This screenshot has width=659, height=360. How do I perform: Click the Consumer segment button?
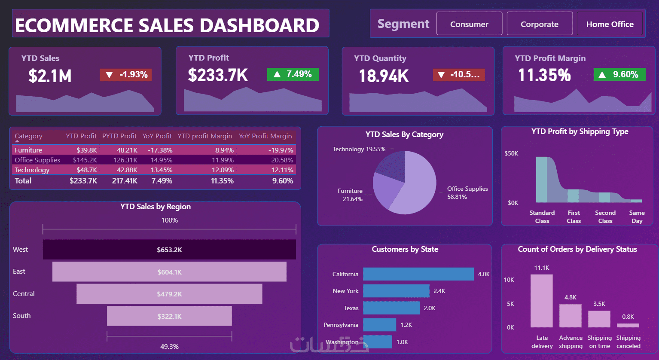(469, 24)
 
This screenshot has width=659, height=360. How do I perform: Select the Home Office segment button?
(610, 24)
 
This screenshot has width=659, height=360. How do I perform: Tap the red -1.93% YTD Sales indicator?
(126, 75)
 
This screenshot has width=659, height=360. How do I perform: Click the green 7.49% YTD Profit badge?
(293, 74)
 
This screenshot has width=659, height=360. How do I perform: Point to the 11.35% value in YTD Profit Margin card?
(545, 75)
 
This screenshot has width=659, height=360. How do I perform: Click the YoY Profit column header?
(157, 136)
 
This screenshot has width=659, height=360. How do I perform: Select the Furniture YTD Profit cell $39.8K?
(87, 150)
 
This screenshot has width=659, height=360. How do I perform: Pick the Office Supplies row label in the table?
(37, 160)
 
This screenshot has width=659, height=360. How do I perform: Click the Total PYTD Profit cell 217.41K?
(125, 180)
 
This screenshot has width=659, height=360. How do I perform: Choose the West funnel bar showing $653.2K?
(169, 250)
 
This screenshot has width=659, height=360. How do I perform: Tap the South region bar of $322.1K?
(169, 316)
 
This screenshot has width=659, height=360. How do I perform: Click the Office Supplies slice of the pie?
(418, 188)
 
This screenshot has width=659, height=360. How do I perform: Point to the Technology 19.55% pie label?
(359, 149)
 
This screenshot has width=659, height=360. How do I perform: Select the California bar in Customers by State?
(418, 274)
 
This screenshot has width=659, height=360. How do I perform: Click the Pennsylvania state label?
(341, 325)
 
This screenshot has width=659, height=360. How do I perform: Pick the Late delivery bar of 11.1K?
(542, 301)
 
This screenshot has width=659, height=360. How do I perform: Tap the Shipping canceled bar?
(628, 325)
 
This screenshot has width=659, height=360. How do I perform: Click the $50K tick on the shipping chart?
(511, 153)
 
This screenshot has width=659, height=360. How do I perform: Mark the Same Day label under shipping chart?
(637, 217)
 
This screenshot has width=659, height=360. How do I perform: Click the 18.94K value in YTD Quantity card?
(384, 76)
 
